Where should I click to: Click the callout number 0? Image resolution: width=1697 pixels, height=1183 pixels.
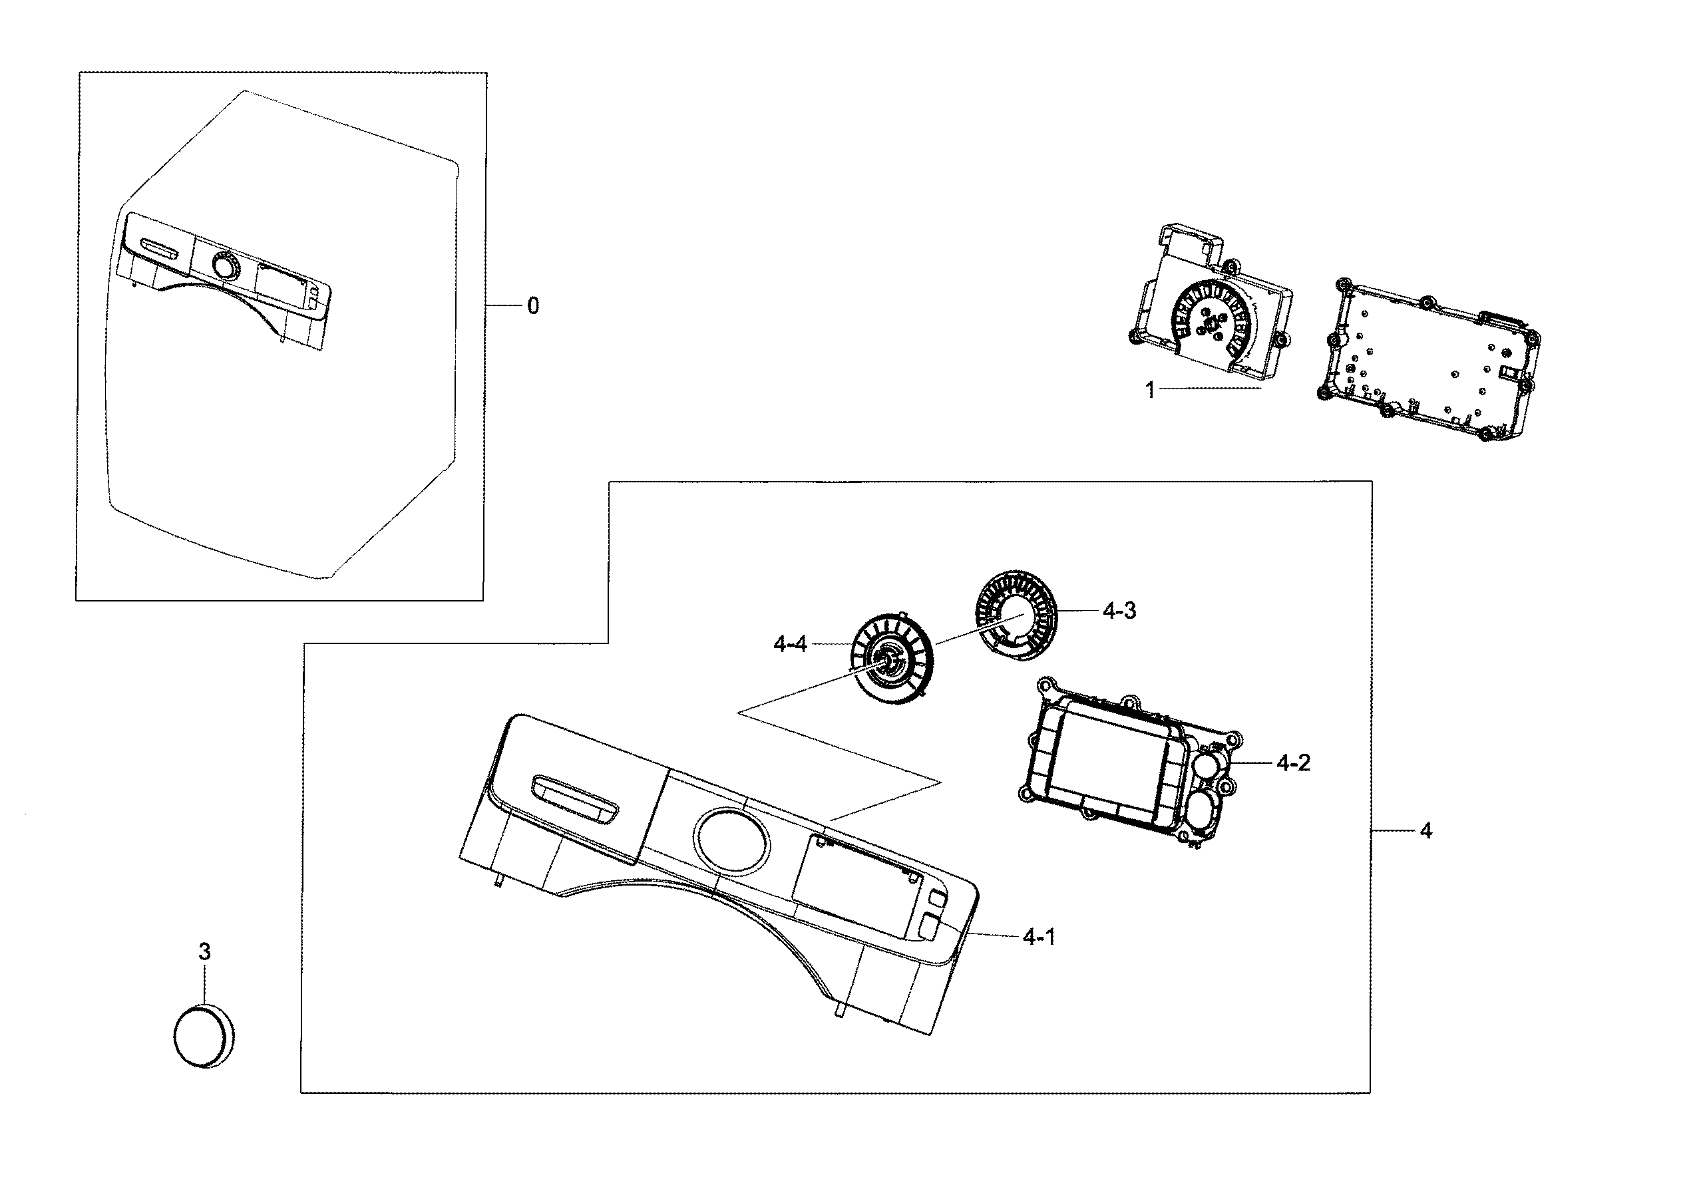coord(533,306)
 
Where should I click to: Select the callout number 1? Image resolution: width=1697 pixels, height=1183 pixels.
coord(1149,389)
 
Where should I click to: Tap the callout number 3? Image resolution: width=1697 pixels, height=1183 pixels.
coord(205,951)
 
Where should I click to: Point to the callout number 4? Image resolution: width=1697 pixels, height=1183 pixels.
coord(1425,830)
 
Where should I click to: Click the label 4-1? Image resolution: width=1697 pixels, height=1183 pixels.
coord(1039,937)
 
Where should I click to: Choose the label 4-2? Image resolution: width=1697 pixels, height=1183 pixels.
coord(1294,762)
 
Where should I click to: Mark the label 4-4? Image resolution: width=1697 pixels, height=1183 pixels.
coord(790,644)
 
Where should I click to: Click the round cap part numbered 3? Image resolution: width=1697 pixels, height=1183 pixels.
coord(203,1035)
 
